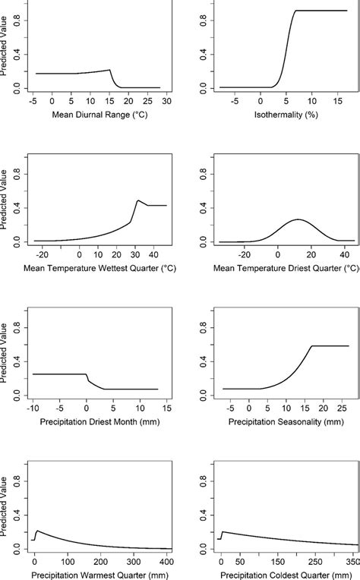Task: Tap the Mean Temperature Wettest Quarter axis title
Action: pos(96,268)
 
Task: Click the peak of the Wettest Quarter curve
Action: pos(137,200)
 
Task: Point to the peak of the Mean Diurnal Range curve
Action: pos(110,70)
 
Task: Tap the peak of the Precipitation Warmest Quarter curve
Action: pos(38,531)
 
